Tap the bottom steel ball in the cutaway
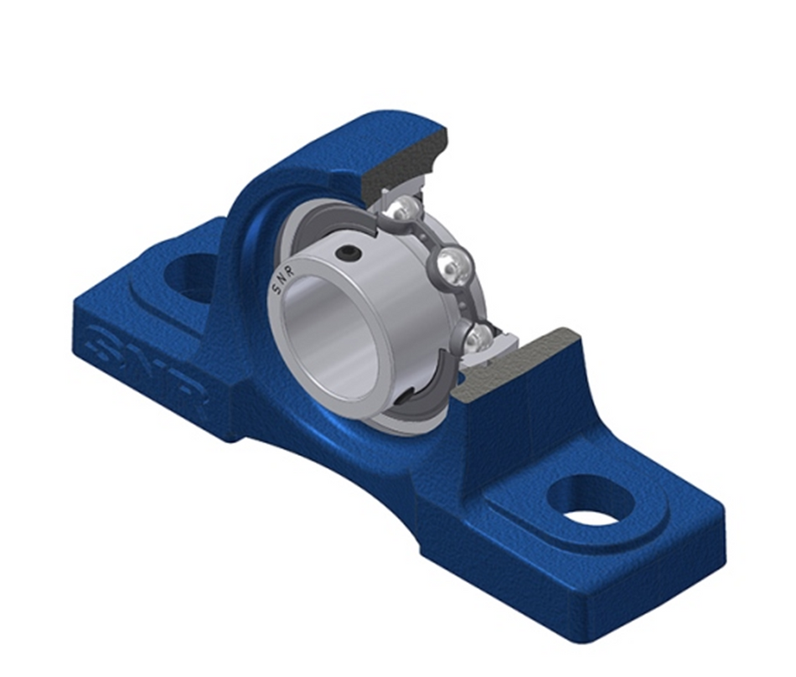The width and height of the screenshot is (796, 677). pyautogui.click(x=479, y=337)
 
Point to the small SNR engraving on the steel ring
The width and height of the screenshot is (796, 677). pyautogui.click(x=286, y=282)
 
